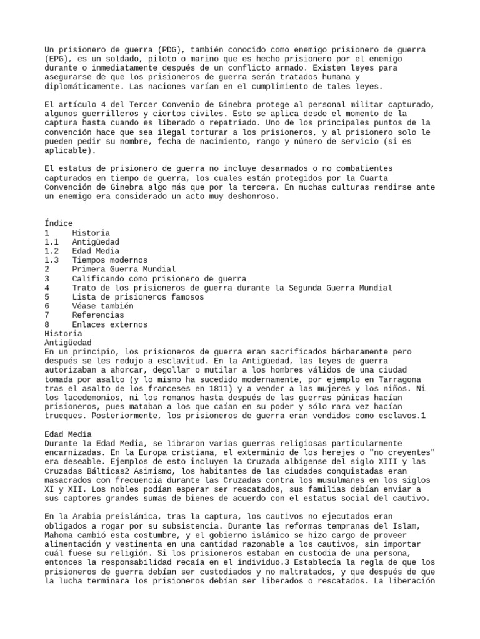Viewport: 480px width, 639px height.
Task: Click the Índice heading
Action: coord(59,223)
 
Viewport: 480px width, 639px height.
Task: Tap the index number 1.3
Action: coord(52,260)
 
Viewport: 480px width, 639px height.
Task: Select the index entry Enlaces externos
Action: coord(109,325)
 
